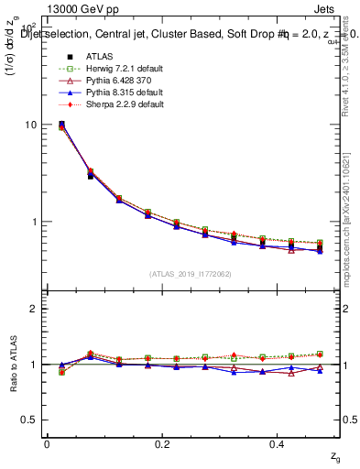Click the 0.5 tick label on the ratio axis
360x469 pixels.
point(29,420)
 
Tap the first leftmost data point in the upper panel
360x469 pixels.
point(61,125)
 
